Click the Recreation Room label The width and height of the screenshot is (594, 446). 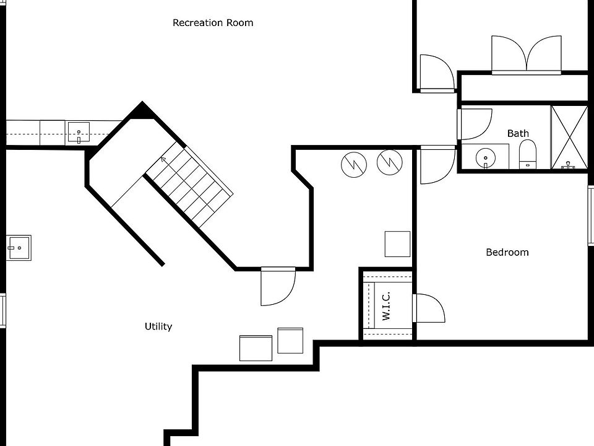pyautogui.click(x=213, y=23)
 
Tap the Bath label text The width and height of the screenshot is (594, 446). pyautogui.click(x=518, y=133)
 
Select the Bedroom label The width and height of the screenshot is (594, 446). pyautogui.click(x=507, y=252)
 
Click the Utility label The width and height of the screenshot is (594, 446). pyautogui.click(x=158, y=326)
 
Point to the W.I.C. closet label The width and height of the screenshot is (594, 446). pyautogui.click(x=386, y=305)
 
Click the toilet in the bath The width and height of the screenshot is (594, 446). pyautogui.click(x=527, y=153)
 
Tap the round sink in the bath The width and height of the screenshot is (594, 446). pyautogui.click(x=486, y=158)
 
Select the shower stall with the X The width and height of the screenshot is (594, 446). pyautogui.click(x=569, y=137)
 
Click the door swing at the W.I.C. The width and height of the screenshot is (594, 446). pyautogui.click(x=429, y=308)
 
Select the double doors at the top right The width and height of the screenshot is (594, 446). pyautogui.click(x=526, y=55)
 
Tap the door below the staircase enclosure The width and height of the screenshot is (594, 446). pyautogui.click(x=277, y=286)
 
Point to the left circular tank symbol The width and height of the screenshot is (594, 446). pyautogui.click(x=354, y=163)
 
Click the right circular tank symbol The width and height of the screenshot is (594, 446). pyautogui.click(x=389, y=162)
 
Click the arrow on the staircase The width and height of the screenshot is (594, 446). pyautogui.click(x=163, y=160)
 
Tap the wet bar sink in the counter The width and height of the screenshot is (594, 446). pyautogui.click(x=79, y=133)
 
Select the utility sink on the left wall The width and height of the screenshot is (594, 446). pyautogui.click(x=19, y=248)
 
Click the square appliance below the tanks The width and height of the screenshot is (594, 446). pyautogui.click(x=397, y=243)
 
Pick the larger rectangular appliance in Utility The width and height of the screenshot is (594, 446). pyautogui.click(x=256, y=348)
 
